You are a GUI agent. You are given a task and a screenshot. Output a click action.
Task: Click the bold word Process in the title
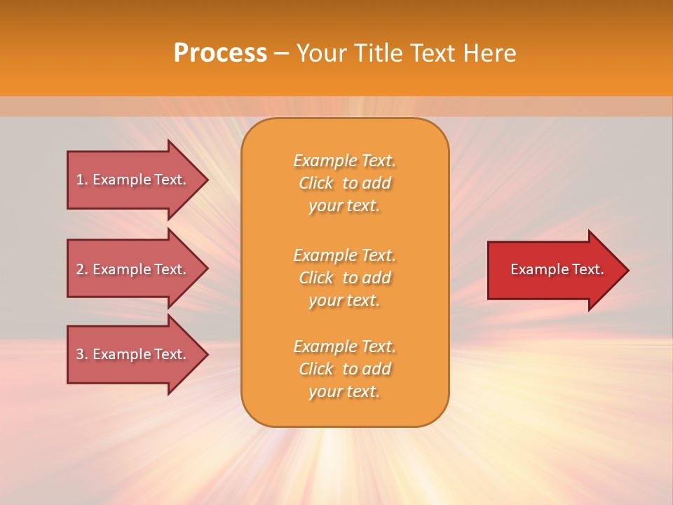coord(220,53)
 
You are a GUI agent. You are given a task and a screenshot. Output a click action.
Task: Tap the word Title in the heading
coord(376,53)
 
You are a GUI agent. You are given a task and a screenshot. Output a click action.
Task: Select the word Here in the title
coord(489,53)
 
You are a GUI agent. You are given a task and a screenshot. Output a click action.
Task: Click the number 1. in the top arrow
coord(82,180)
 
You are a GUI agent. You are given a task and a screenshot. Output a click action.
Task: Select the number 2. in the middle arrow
coord(82,269)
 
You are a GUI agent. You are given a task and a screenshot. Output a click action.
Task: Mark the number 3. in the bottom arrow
coord(82,354)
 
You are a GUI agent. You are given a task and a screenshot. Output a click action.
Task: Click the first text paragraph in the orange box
coord(344,183)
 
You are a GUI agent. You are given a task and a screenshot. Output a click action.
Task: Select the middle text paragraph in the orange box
coord(344,278)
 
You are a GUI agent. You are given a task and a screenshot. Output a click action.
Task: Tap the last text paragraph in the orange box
coord(344,369)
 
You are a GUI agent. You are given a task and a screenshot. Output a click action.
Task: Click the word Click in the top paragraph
coord(315,183)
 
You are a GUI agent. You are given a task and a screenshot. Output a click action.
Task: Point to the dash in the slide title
coord(281,53)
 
